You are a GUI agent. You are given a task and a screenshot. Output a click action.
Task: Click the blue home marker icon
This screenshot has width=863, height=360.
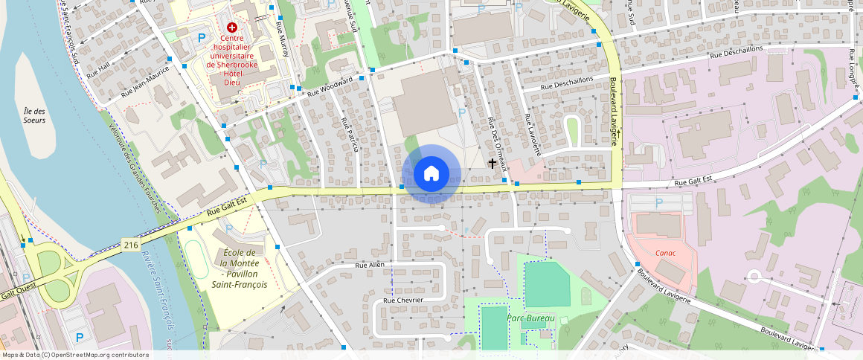[x=431, y=174]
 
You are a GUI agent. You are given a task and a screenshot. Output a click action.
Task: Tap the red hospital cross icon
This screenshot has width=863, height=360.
[x=232, y=27]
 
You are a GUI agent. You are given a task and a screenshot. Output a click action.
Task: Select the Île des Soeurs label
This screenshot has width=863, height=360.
[x=35, y=115]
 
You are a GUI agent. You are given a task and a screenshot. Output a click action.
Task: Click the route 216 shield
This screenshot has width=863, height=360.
[x=129, y=244]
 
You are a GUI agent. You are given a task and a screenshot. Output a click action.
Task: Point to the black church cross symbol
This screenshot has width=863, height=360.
[x=492, y=162]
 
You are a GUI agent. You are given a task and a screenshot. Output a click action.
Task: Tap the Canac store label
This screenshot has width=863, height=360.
[x=665, y=252]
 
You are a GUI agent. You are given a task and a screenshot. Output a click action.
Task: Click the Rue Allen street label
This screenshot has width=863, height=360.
[x=370, y=265]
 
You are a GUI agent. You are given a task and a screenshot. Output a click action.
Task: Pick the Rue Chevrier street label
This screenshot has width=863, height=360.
[x=402, y=300]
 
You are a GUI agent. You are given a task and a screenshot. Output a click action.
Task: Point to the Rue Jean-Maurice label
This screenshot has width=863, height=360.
[x=146, y=84]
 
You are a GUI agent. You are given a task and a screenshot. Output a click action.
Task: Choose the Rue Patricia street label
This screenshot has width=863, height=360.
[x=350, y=135]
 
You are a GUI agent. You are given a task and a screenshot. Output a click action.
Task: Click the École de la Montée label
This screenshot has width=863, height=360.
[x=240, y=269]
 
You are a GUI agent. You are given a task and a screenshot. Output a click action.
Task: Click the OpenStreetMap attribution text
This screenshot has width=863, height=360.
[x=74, y=355]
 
